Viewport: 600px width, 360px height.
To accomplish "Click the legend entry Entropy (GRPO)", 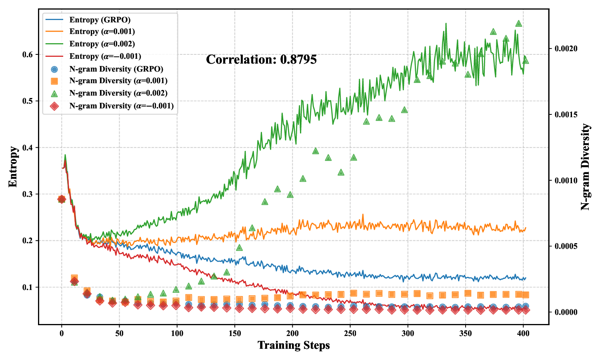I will pyautogui.click(x=100, y=20).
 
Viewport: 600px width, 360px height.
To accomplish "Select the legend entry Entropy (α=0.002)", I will pyautogui.click(x=102, y=44).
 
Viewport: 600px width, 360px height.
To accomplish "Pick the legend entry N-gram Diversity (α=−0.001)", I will pyautogui.click(x=121, y=106).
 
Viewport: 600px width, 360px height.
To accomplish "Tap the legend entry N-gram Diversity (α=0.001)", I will pyautogui.click(x=118, y=81).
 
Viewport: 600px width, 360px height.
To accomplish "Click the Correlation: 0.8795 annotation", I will pyautogui.click(x=261, y=60).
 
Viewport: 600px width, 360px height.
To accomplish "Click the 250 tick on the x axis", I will pyautogui.click(x=350, y=333).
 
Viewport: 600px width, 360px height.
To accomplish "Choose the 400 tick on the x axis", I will pyautogui.click(x=523, y=333).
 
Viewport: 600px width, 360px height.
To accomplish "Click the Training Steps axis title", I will pyautogui.click(x=294, y=345).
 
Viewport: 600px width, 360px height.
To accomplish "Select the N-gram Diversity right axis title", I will pyautogui.click(x=585, y=167).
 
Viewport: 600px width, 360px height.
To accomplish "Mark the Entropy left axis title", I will pyautogui.click(x=13, y=167).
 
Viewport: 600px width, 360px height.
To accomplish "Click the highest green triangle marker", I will pyautogui.click(x=519, y=24).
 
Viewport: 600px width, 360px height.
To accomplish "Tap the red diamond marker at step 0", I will pyautogui.click(x=62, y=199).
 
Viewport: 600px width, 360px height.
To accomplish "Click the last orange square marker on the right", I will pyautogui.click(x=526, y=295).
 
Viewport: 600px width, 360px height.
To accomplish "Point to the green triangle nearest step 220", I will pyautogui.click(x=316, y=151).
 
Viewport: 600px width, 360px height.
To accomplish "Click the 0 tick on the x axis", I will pyautogui.click(x=62, y=333).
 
